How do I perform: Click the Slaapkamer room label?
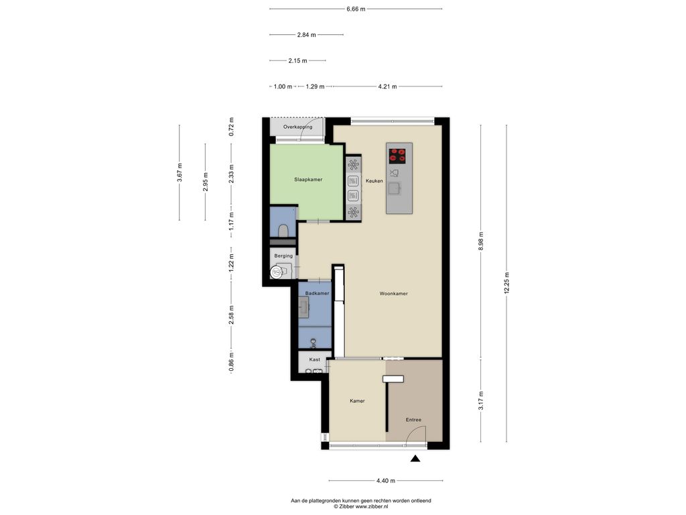point(308,180)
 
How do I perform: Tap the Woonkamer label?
point(393,294)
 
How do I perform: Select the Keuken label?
point(374,181)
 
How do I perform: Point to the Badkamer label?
point(317,294)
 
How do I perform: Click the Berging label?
point(283,255)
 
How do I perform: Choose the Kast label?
point(315,359)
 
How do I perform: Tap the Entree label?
point(413,420)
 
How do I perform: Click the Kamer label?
point(357,401)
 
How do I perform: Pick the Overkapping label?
point(297,127)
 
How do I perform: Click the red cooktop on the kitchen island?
point(397,156)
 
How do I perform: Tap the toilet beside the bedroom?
point(283,231)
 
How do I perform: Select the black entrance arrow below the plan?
point(415,459)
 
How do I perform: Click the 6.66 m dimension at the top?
point(356,9)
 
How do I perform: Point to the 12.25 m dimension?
point(506,284)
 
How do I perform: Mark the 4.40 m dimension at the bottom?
point(385,480)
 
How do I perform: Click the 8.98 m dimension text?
point(481,241)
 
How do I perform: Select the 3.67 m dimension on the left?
point(180,172)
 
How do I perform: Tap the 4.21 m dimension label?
point(387,87)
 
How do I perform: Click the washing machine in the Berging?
point(277,272)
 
